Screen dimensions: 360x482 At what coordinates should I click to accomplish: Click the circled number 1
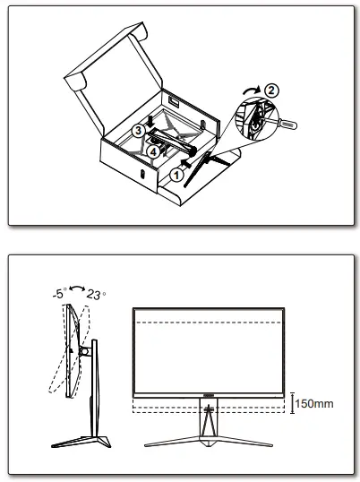pos(176,175)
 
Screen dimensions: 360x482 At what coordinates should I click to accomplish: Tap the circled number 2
pos(271,90)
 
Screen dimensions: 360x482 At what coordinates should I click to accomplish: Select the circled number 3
pos(139,130)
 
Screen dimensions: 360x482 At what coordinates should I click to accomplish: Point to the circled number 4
pos(153,151)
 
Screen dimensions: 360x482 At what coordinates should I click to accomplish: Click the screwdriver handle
pos(287,125)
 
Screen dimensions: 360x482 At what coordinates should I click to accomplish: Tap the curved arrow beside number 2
pos(252,90)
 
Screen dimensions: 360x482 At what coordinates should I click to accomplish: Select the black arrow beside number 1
pos(186,163)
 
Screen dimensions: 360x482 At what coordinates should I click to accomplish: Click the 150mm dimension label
pos(314,404)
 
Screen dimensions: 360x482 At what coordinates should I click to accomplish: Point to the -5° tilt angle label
pos(59,293)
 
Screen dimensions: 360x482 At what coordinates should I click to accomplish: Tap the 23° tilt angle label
pos(96,295)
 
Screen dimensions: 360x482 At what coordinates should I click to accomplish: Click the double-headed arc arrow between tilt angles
pos(77,288)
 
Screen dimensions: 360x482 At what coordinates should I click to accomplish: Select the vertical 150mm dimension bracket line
pos(293,402)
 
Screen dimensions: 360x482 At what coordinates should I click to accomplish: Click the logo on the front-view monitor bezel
pos(209,396)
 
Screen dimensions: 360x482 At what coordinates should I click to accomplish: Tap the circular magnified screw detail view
pos(256,119)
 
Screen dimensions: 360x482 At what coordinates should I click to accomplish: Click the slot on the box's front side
pos(142,174)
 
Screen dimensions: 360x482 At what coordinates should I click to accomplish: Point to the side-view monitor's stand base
pos(81,442)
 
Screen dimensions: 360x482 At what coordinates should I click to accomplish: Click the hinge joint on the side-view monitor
pos(85,350)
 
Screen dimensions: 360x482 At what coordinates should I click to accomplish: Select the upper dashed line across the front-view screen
pos(209,323)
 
